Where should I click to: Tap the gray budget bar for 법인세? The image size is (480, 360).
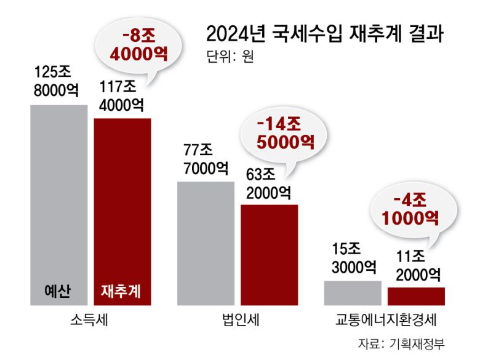click(x=206, y=243)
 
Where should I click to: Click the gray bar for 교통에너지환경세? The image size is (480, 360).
click(x=353, y=293)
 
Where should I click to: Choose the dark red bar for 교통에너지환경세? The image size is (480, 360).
click(x=416, y=296)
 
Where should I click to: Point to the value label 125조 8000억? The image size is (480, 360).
click(x=57, y=81)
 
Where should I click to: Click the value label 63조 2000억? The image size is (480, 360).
click(x=268, y=183)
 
